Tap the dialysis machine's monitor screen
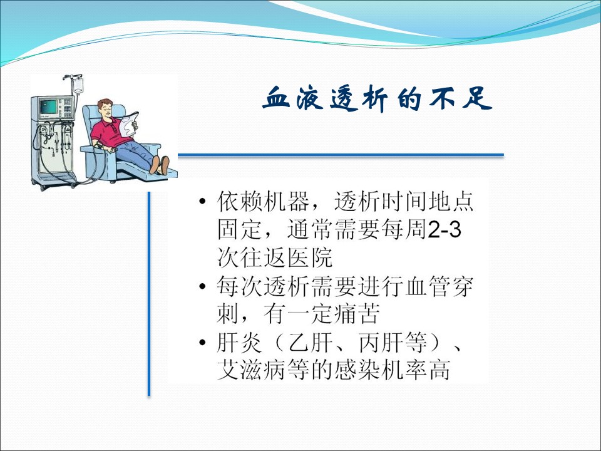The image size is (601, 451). coord(48,106)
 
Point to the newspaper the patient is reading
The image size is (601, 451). coord(128,124)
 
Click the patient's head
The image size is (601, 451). coord(105,108)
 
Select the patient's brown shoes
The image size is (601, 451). coord(160,165)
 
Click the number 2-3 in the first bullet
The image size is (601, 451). coord(444,230)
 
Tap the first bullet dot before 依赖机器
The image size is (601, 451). coord(203,201)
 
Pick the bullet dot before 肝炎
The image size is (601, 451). coord(203,342)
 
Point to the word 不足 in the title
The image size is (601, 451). coord(460,98)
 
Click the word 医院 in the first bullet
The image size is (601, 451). coord(310,257)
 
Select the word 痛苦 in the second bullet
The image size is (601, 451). coord(357,314)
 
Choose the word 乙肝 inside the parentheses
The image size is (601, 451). coord(310,343)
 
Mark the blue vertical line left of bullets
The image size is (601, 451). coord(149,294)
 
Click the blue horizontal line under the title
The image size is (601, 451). coord(341,155)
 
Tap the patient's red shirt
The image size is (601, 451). coord(109,132)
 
